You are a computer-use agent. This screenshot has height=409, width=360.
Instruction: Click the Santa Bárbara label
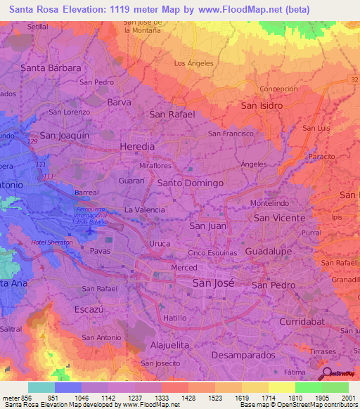51,68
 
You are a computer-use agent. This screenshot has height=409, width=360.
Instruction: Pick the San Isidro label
262,105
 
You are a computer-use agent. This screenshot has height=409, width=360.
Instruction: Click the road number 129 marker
32,142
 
